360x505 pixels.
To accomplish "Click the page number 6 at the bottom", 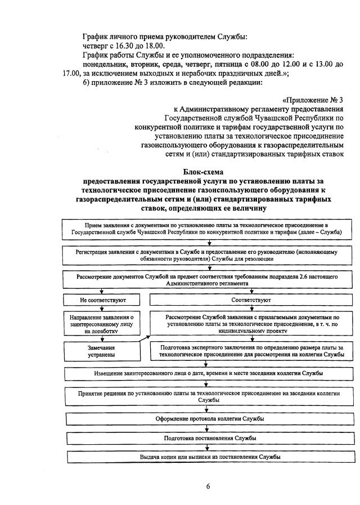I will [207, 487].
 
